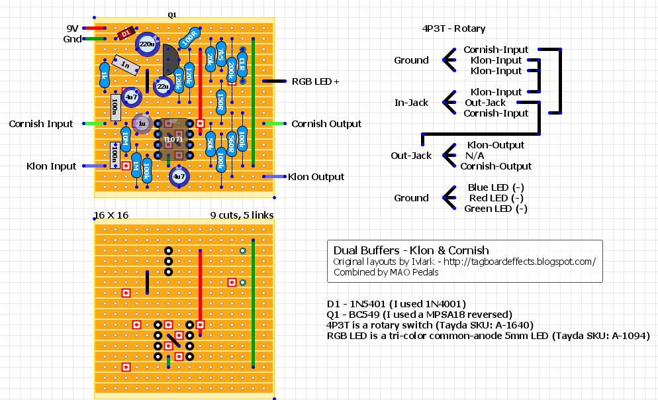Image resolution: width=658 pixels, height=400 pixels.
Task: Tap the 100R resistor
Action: tap(189, 37)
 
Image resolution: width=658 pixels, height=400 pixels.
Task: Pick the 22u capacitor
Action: tap(162, 86)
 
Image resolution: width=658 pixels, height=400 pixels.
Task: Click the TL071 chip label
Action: tap(173, 139)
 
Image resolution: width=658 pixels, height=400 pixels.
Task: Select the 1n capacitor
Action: tap(126, 64)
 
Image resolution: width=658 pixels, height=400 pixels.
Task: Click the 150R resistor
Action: tap(221, 101)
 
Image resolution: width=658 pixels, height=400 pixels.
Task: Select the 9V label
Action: tap(72, 28)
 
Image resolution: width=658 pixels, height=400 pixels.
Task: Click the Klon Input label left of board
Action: tap(51, 166)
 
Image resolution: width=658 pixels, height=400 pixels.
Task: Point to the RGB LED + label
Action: tap(315, 81)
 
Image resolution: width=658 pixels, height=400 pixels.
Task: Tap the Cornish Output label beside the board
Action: tap(326, 124)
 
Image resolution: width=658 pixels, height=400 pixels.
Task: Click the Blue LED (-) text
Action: tap(496, 187)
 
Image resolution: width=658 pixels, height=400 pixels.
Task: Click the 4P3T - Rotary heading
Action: tap(453, 28)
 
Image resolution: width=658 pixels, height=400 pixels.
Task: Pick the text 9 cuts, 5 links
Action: tap(242, 215)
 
